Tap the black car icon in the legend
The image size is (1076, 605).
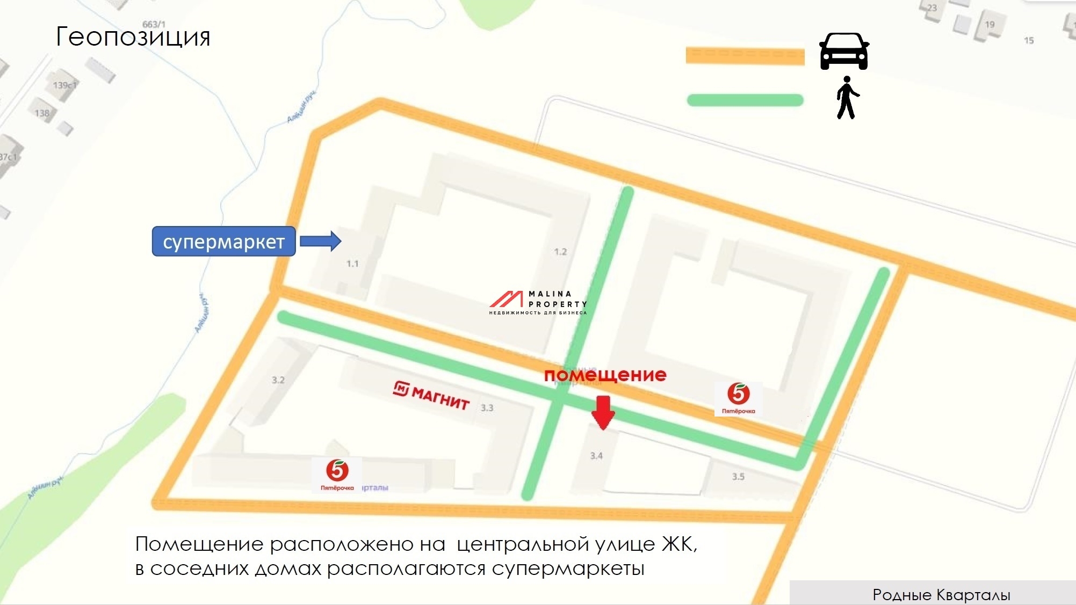(x=843, y=52)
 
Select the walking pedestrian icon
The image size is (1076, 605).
(x=847, y=98)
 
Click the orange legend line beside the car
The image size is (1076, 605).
(x=745, y=56)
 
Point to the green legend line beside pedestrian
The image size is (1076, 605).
(x=745, y=100)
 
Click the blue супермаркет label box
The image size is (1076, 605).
(x=223, y=242)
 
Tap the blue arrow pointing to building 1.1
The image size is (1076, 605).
(x=320, y=241)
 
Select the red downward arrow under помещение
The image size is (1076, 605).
(x=603, y=412)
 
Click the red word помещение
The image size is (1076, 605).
(x=605, y=375)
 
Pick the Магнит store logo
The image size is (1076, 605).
(x=431, y=395)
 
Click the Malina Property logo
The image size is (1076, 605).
(x=538, y=303)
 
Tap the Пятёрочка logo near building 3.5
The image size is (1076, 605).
(x=738, y=398)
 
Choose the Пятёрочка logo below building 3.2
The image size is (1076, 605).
(x=337, y=475)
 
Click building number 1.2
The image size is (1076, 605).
(x=560, y=252)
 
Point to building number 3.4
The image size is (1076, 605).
(x=596, y=456)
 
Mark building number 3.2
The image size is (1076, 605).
(x=278, y=380)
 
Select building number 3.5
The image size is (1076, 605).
(x=738, y=477)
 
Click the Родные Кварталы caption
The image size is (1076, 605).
(x=941, y=595)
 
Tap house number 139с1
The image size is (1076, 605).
(x=64, y=85)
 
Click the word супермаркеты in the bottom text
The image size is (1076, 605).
(x=568, y=568)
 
